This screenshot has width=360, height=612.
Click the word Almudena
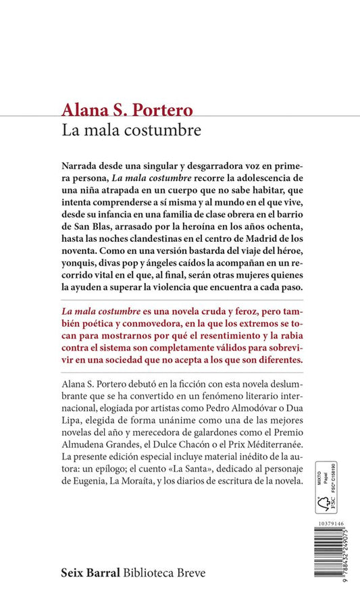pos(86,453)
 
